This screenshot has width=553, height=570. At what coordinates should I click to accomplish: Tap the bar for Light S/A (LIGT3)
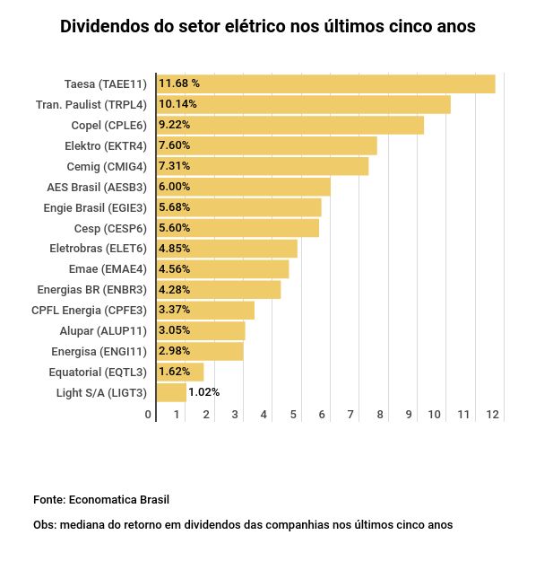coord(171,392)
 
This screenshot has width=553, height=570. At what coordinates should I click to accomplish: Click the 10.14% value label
coord(177,104)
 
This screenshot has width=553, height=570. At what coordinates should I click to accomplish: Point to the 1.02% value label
coord(203,392)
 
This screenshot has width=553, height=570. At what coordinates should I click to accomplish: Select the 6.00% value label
coord(174,187)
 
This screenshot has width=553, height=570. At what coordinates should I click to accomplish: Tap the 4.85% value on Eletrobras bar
coord(174,248)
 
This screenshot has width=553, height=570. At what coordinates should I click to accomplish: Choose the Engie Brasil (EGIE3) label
coord(94,207)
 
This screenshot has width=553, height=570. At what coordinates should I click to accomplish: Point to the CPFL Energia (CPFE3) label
coord(88,310)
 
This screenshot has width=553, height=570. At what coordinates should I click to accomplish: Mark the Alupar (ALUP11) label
coord(102,330)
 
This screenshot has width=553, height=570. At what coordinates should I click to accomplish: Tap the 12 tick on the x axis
coord(492,414)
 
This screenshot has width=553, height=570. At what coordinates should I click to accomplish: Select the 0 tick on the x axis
coord(148,414)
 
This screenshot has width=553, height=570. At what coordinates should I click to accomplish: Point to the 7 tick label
coord(351,414)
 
